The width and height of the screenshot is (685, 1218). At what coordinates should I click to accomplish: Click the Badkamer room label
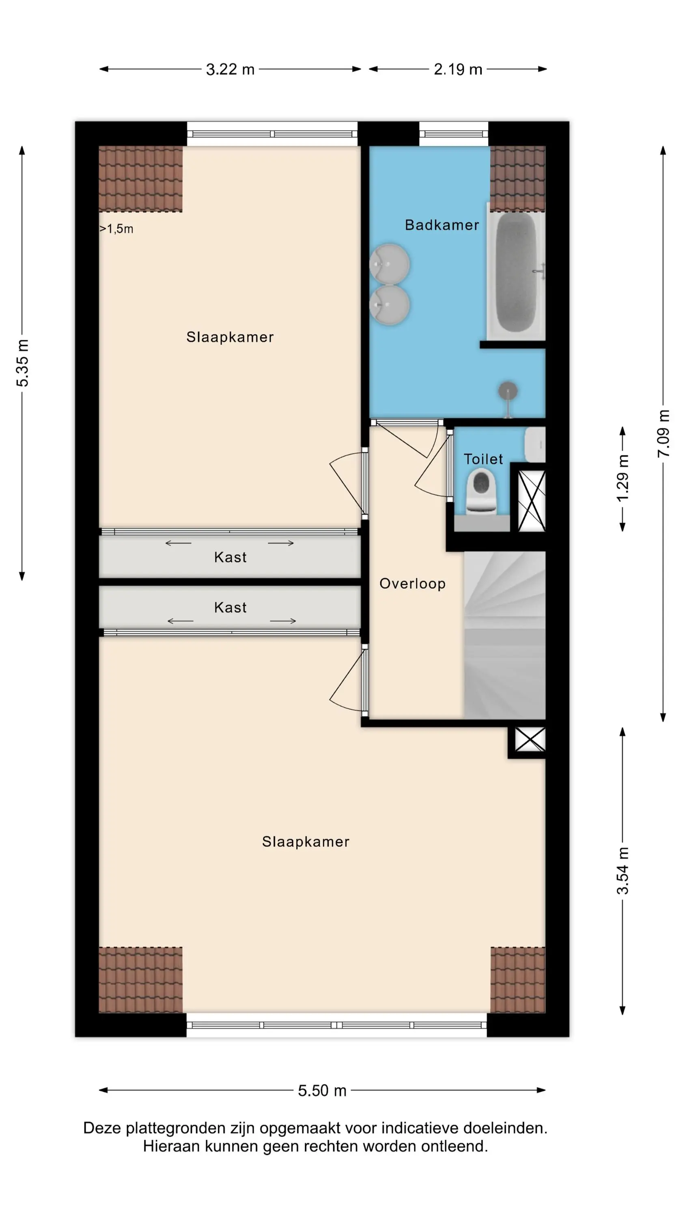point(442,225)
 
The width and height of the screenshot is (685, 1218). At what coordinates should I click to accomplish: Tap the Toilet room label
point(483,459)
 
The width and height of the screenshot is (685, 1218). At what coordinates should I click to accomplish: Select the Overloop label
point(412,584)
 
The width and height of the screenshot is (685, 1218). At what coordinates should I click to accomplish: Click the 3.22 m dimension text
point(230,69)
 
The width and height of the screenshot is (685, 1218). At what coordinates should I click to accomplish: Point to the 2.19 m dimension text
point(458,69)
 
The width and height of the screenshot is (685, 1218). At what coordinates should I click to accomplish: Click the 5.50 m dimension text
point(322,1091)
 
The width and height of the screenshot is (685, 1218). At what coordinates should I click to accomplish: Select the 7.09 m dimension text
point(664,434)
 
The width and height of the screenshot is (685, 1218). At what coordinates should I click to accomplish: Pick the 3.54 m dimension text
point(623,871)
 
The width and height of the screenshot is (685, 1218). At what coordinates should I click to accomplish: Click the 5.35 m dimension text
point(22,363)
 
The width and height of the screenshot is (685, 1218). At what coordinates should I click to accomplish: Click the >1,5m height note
point(116,229)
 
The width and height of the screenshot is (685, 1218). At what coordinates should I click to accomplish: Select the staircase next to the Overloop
point(504,635)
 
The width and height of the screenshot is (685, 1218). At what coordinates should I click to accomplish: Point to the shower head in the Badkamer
point(508,391)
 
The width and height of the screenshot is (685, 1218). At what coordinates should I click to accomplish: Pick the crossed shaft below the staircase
point(530,739)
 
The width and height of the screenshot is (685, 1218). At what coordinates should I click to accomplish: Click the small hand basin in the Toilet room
point(535,445)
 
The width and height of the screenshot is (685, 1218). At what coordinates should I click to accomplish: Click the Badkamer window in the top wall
point(453,134)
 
